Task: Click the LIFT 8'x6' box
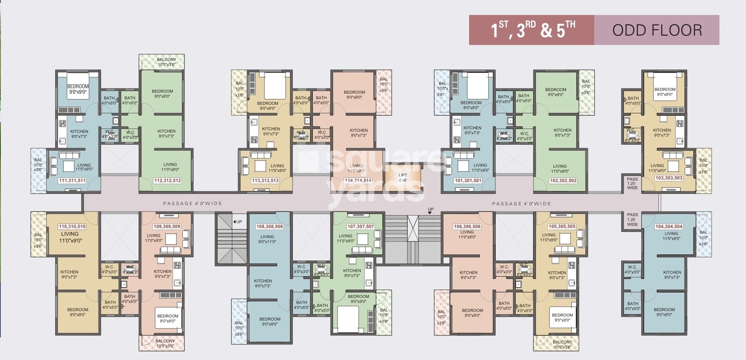tap(403, 178)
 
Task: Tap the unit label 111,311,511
tap(72, 180)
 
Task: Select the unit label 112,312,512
tap(167, 180)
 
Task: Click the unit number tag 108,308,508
tap(270, 226)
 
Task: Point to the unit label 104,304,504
tap(669, 226)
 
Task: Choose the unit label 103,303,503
tap(669, 178)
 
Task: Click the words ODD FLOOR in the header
tap(657, 30)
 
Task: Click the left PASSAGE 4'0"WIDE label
tap(193, 203)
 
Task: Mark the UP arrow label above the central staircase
tap(430, 209)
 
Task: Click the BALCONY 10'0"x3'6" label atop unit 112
tap(166, 62)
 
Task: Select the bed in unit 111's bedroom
tap(78, 87)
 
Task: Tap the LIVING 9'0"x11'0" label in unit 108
tap(267, 239)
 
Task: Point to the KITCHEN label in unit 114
tap(359, 133)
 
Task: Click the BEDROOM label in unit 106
tap(472, 313)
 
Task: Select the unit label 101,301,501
tap(468, 180)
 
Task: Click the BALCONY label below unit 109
tap(165, 343)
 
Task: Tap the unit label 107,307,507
tap(360, 226)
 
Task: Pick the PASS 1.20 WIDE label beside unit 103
tap(632, 183)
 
